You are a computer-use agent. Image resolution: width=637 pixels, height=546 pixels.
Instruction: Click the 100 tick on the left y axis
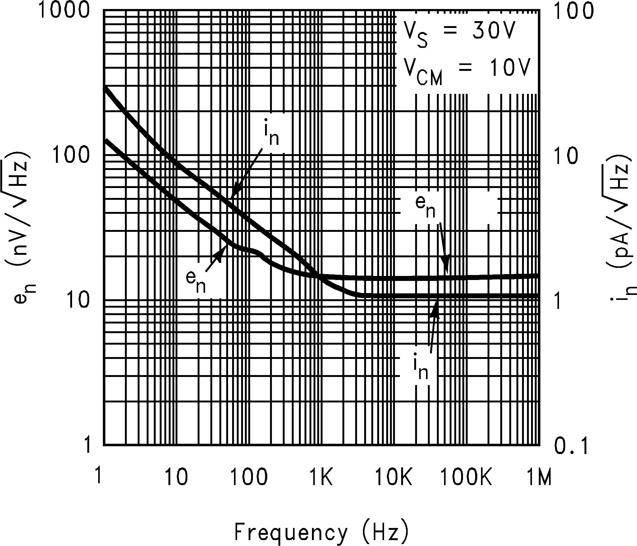click(70, 155)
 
